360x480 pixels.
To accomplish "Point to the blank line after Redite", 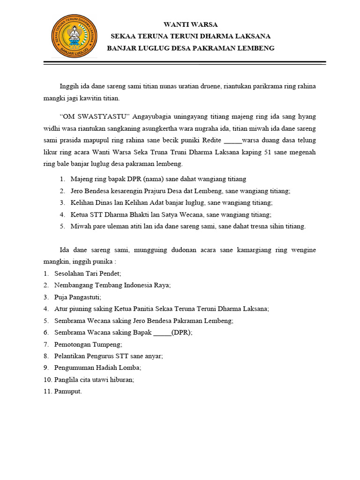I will click(233, 141).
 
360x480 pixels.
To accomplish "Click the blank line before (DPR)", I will click(162, 332).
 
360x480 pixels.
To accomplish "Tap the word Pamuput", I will click(68, 391).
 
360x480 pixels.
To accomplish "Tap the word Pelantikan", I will click(70, 356).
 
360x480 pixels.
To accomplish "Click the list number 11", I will click(47, 391).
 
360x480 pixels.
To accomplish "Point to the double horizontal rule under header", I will click(185, 63).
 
